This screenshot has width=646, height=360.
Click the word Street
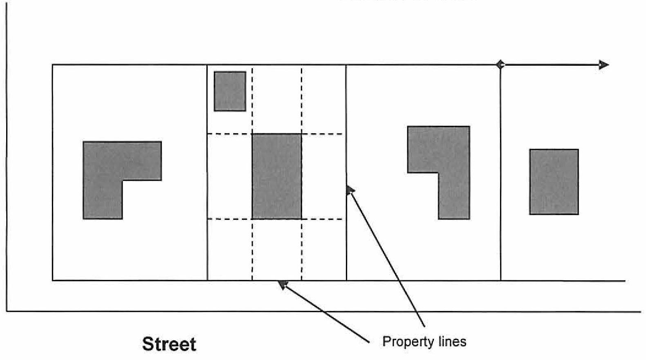click(169, 344)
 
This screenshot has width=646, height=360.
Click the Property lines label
click(424, 342)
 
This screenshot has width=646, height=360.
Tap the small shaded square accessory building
click(230, 91)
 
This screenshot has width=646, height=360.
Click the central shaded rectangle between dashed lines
click(277, 177)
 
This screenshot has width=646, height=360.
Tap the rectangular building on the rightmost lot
click(554, 181)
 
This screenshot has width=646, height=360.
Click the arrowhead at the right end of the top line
click(603, 65)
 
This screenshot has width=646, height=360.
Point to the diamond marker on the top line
click(500, 65)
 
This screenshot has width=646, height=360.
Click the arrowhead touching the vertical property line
click(350, 190)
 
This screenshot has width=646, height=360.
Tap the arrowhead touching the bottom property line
click(282, 284)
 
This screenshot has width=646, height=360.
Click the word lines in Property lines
click(452, 342)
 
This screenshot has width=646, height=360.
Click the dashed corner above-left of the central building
click(252, 134)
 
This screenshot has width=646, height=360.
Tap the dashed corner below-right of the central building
click(302, 219)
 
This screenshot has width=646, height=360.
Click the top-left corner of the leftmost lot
click(52, 65)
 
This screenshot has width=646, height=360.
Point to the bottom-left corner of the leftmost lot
click(52, 280)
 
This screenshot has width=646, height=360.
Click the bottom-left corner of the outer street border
click(7, 312)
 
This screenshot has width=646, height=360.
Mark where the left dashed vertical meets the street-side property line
click(252, 280)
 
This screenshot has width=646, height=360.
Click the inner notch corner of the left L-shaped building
click(122, 180)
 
